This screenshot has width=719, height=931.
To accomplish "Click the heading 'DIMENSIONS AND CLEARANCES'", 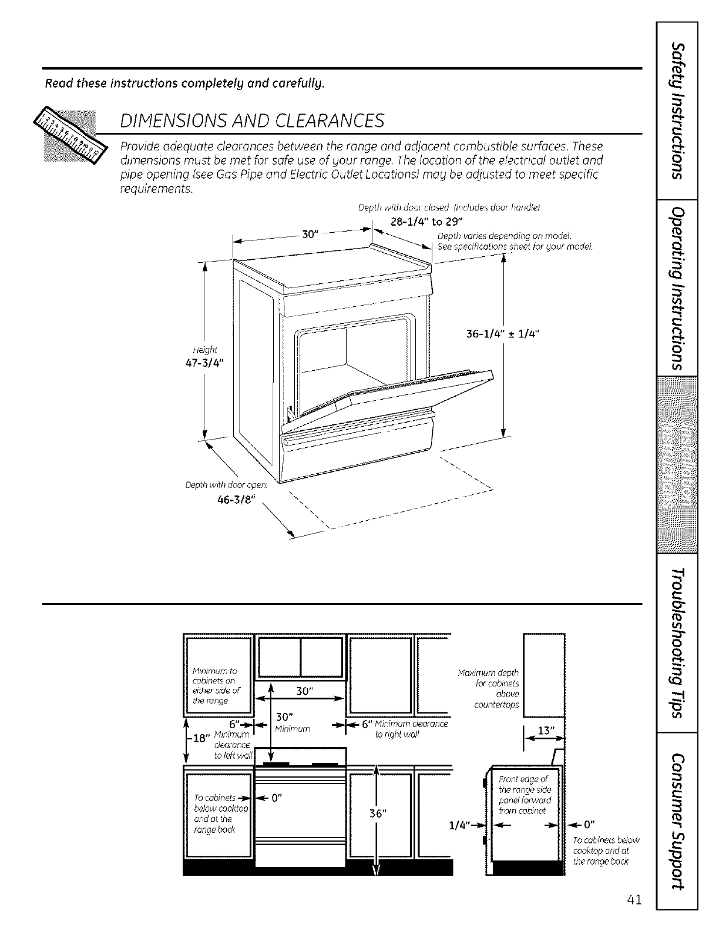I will coord(251,120).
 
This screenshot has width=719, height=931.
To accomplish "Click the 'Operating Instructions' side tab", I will coord(677,288).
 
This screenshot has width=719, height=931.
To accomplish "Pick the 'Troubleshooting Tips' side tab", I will coord(677,643).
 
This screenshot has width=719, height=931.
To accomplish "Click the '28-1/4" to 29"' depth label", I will coord(427,221).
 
